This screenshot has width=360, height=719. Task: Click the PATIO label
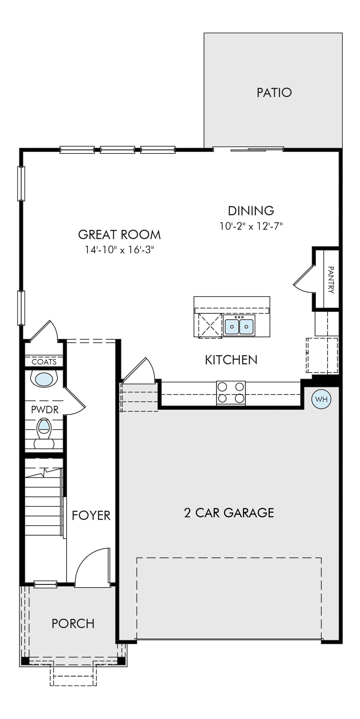click(274, 93)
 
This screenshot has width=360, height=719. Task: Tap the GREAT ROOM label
click(120, 235)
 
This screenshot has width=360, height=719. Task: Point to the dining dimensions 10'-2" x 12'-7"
click(251, 226)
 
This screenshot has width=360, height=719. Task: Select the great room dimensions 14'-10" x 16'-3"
click(120, 250)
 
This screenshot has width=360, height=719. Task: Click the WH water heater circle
click(321, 399)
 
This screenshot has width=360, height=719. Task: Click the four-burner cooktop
click(231, 393)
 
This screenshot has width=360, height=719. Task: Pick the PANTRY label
click(331, 280)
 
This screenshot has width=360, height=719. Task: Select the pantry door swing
click(304, 279)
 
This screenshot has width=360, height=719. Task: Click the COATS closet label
click(44, 362)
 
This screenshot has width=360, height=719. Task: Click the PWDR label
click(45, 410)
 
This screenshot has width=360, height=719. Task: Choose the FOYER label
click(91, 516)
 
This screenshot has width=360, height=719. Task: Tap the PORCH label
click(73, 624)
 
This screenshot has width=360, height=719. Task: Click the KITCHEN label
click(231, 360)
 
